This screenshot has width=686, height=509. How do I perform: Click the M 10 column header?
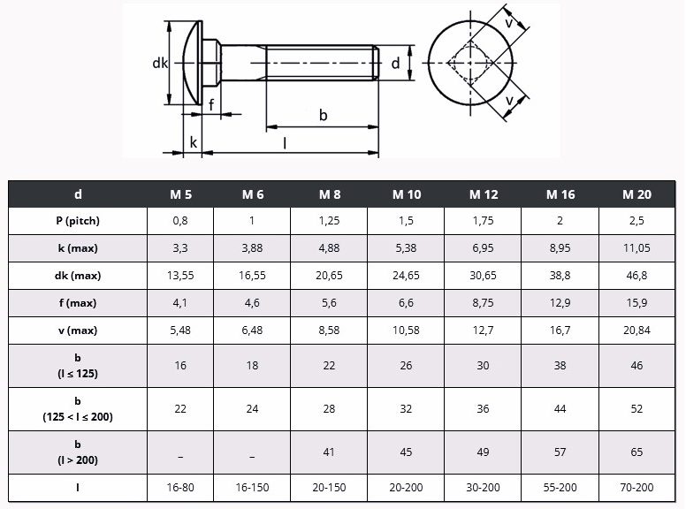[407, 194]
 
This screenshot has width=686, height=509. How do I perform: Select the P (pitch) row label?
[78, 221]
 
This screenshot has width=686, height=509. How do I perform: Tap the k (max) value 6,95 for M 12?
[483, 248]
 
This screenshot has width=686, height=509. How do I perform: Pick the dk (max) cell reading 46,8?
[636, 276]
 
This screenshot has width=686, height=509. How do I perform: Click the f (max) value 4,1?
[180, 303]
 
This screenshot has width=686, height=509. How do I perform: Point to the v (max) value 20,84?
[636, 330]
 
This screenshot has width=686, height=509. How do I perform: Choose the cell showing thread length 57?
[560, 452]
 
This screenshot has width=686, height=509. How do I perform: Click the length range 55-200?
[560, 487]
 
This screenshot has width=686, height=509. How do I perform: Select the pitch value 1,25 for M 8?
[329, 221]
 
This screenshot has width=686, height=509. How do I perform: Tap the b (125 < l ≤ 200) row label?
[78, 409]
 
